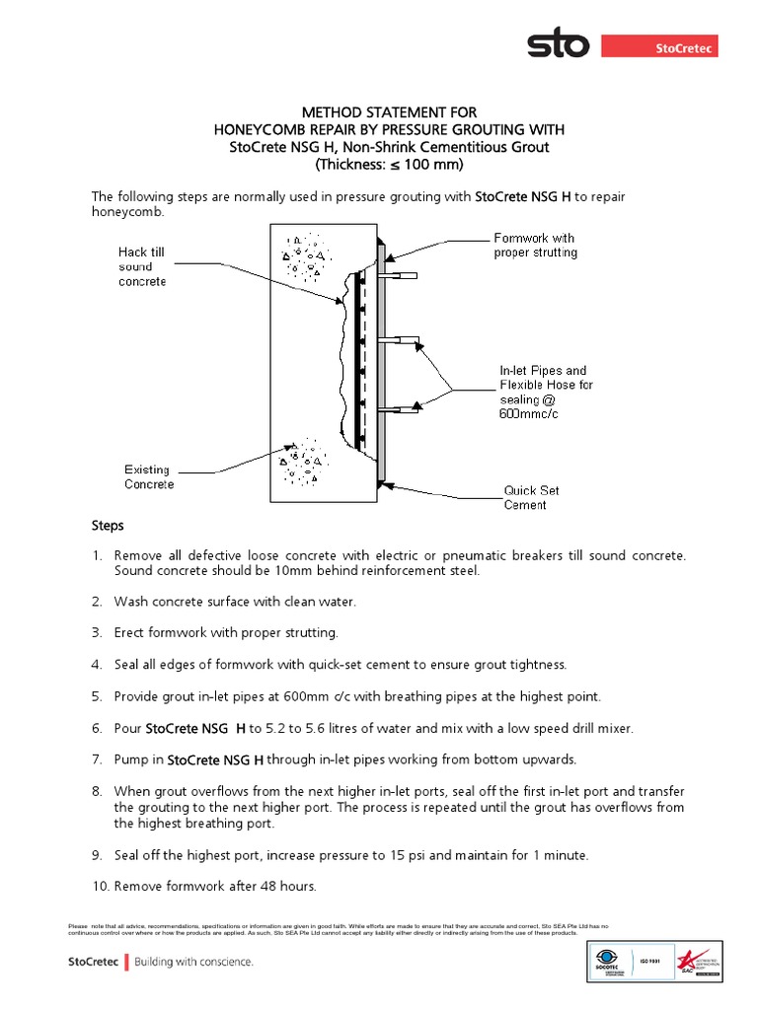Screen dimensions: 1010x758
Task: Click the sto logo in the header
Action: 558,45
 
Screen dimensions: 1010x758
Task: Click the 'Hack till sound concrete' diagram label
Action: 142,267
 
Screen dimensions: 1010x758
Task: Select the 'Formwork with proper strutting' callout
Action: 534,246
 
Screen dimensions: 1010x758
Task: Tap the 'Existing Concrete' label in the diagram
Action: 149,476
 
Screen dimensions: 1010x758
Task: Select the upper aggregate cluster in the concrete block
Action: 304,254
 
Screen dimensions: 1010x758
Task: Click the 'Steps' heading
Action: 108,526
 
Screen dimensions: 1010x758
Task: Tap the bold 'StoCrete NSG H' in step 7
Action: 215,759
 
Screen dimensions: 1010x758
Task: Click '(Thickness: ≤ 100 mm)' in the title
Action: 380,165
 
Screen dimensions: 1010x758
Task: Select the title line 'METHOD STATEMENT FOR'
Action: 380,113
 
